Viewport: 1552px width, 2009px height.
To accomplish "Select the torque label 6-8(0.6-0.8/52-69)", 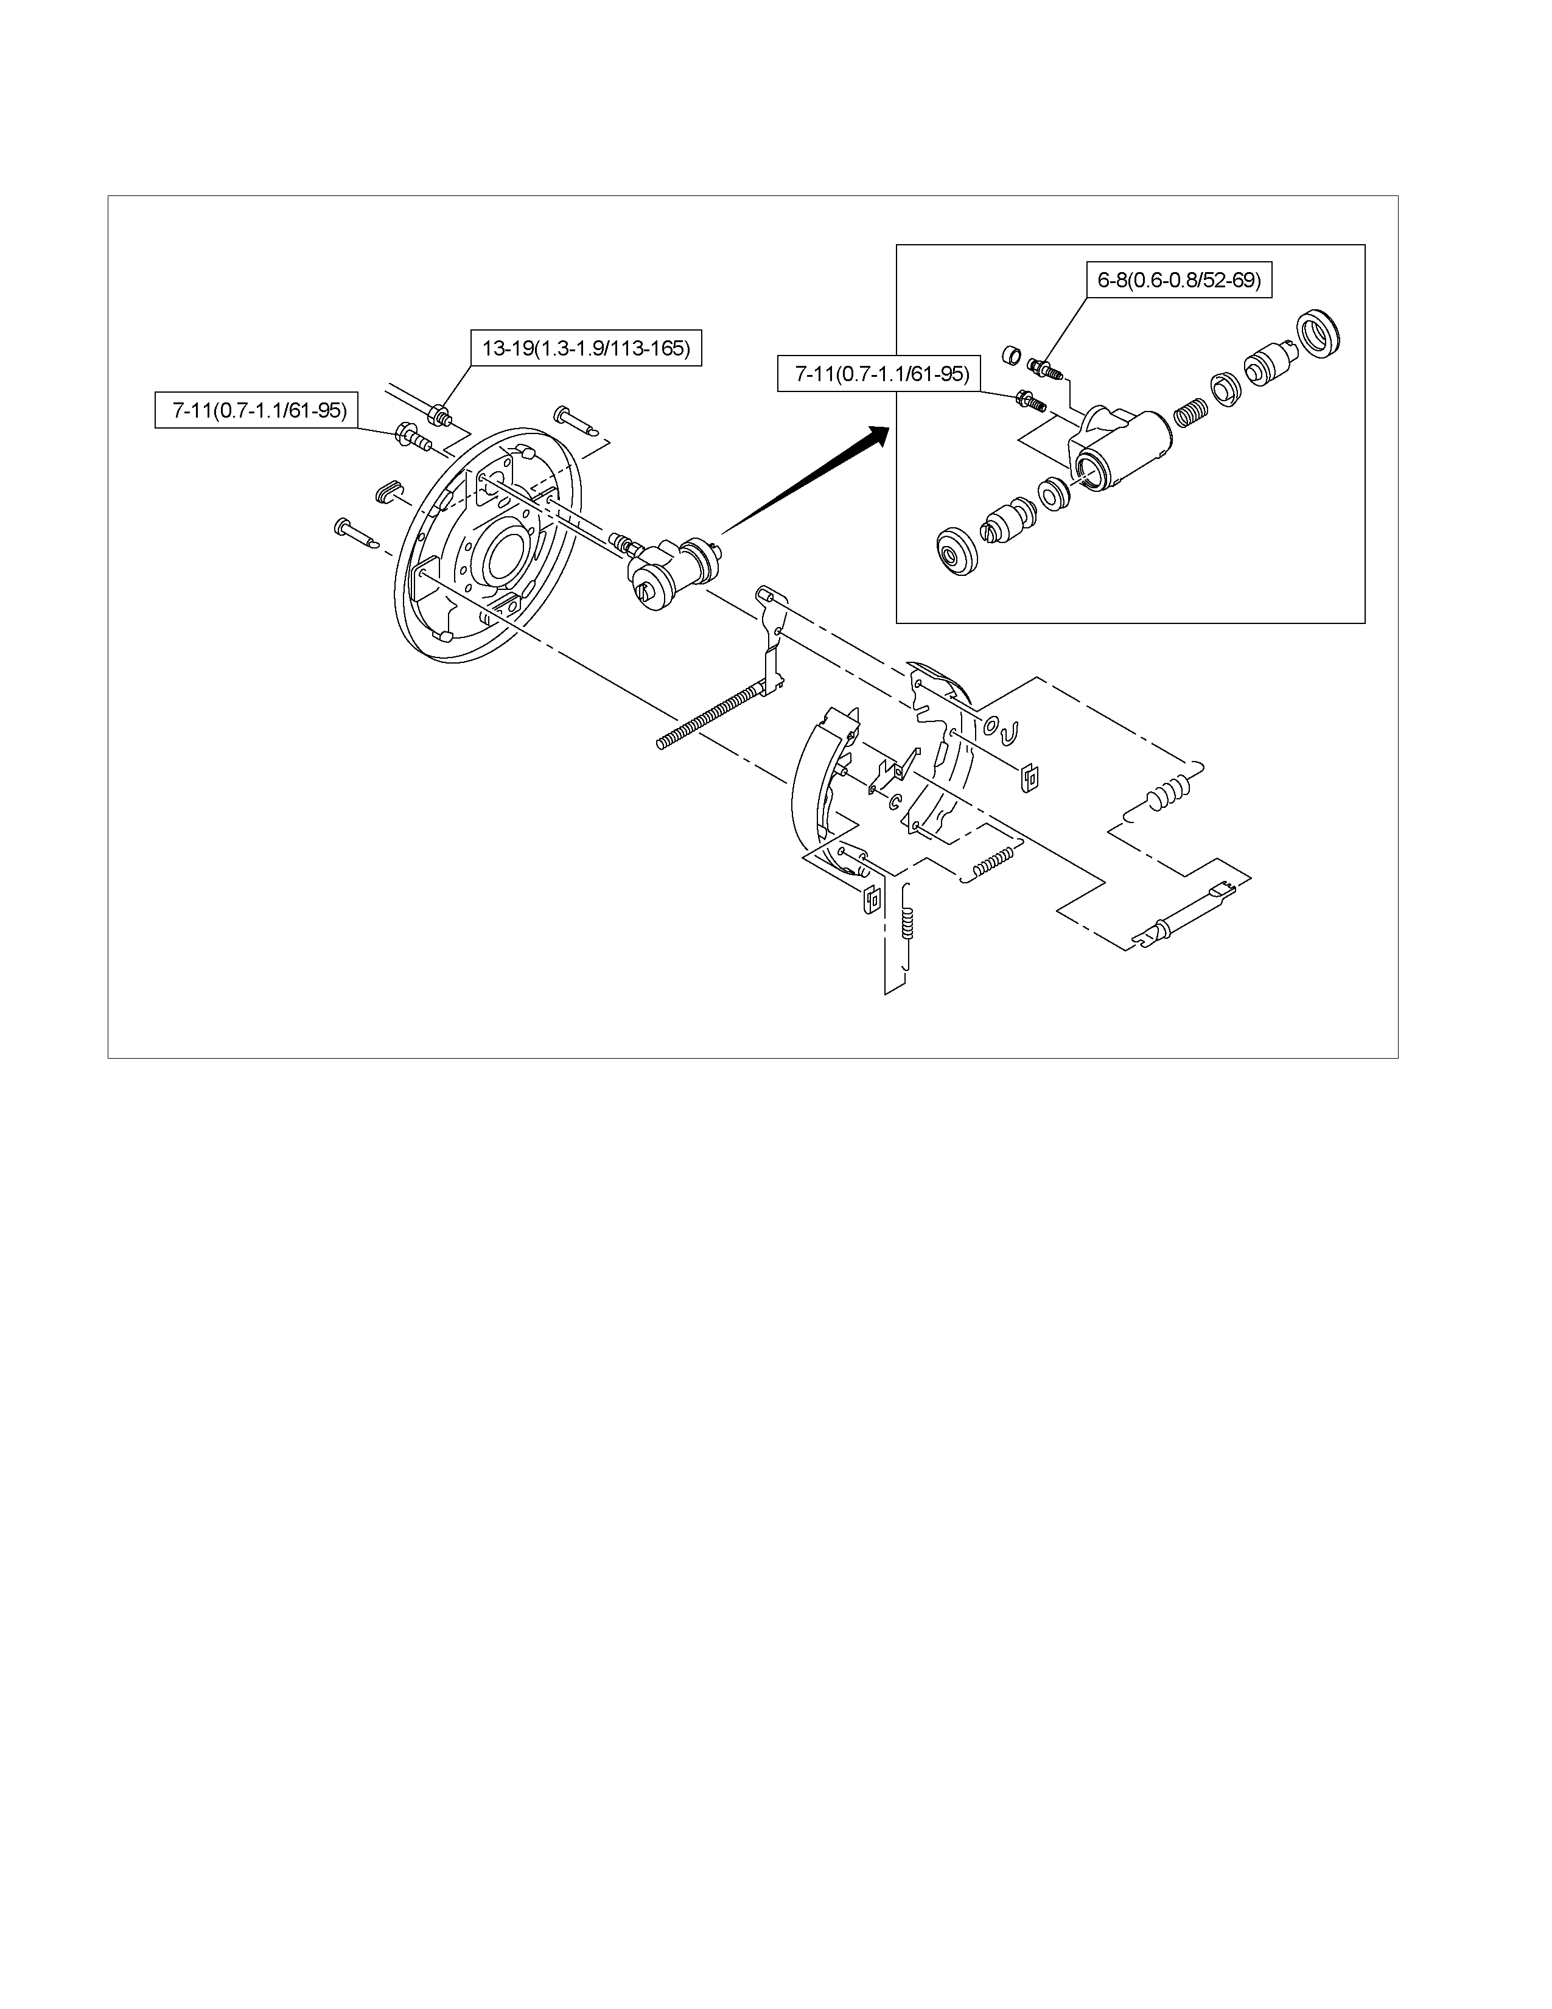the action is [x=1179, y=279].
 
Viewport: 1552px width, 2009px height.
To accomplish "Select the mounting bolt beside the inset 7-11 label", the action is [x=1030, y=401].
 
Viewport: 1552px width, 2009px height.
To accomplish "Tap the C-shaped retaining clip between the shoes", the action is [x=893, y=801].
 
